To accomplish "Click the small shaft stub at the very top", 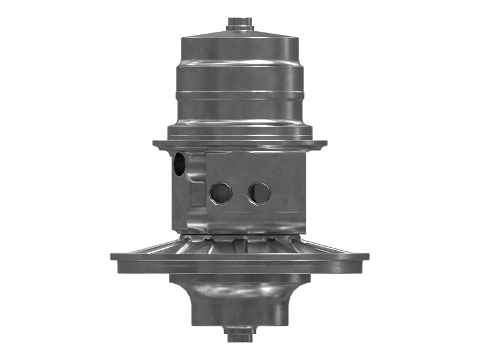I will [x=240, y=23].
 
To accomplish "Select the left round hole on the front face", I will [x=220, y=193].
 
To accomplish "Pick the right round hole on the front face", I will [x=259, y=193].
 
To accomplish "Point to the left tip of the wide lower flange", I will [x=113, y=256].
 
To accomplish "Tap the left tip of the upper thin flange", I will [x=155, y=144].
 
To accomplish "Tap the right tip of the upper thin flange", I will [x=325, y=144].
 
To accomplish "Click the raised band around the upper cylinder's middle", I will [x=240, y=94].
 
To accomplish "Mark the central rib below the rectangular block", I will [x=240, y=244].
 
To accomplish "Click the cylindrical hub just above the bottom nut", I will [x=240, y=312].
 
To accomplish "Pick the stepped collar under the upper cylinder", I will [x=240, y=129].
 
